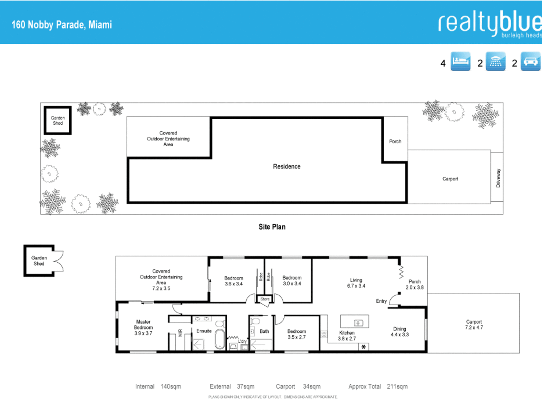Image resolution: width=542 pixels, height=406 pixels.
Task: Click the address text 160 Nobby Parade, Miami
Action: click(62, 25)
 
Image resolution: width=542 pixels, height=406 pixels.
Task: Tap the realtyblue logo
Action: click(490, 24)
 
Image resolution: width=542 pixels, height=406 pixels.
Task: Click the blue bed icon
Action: click(460, 61)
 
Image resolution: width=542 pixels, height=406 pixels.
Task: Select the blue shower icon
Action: click(496, 61)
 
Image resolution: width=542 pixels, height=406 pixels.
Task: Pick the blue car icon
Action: click(531, 61)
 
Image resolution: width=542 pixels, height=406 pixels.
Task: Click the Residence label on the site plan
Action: click(287, 166)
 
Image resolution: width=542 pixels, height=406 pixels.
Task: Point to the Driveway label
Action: click(498, 178)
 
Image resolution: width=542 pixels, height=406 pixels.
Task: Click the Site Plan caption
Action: click(272, 227)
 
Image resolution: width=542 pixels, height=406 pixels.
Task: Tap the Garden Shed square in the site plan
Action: click(58, 120)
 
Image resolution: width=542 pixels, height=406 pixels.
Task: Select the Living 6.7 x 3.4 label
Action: click(356, 283)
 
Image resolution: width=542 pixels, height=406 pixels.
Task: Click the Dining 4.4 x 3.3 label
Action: click(400, 332)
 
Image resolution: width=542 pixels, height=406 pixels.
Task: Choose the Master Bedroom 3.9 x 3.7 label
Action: click(143, 327)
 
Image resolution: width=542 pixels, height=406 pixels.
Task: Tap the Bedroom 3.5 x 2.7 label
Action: click(297, 334)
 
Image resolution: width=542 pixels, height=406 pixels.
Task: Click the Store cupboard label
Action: click(265, 299)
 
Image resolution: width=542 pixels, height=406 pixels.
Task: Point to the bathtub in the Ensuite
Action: click(220, 339)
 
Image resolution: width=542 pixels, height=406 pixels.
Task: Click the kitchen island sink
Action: click(359, 323)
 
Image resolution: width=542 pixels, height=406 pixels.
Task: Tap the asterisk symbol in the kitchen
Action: click(364, 347)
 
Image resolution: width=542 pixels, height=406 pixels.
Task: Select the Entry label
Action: click(381, 301)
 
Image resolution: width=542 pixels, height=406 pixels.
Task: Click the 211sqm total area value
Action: click(397, 386)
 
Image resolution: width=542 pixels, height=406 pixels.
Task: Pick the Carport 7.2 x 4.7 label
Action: click(474, 325)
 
